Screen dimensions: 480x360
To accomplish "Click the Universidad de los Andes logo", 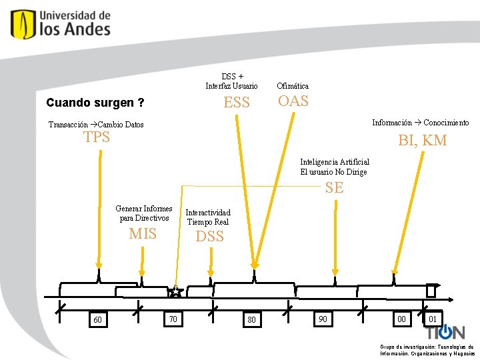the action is click(61, 23).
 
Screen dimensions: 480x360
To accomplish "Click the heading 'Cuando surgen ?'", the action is click(95, 103).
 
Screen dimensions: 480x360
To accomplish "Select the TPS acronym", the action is click(96, 138).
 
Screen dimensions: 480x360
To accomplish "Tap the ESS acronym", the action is click(237, 103).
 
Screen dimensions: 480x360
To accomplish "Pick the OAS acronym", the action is click(293, 101).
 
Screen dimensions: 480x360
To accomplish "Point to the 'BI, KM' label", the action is click(422, 141).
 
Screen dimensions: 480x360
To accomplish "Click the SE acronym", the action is click(334, 188).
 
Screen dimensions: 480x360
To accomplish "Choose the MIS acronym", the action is click(143, 234).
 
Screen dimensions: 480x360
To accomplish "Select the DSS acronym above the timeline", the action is click(209, 237).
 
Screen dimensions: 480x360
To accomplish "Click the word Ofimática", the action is click(293, 86).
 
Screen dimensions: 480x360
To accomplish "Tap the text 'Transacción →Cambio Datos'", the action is click(96, 125).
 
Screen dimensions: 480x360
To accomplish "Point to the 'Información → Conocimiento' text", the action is click(420, 123).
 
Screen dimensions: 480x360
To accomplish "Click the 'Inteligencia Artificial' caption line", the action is click(335, 162).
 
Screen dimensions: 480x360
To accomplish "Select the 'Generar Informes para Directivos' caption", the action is click(143, 213).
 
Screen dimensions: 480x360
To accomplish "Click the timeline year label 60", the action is click(98, 320).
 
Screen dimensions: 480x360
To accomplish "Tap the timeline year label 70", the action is click(173, 319).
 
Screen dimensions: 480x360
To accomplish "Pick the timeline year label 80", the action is click(251, 320).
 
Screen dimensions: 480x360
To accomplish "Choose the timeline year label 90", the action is click(323, 319).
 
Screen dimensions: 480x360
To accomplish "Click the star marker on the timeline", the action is click(175, 292).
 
